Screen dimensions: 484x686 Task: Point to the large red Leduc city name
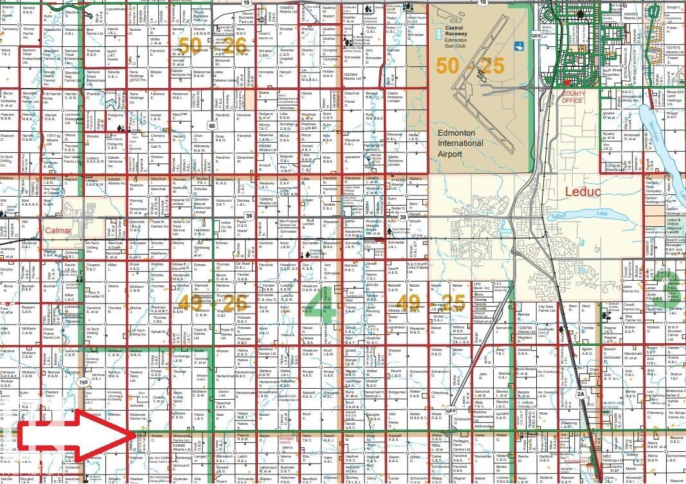(x=582, y=191)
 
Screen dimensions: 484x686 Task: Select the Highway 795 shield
(x=83, y=382)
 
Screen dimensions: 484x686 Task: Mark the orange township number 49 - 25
(x=431, y=301)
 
